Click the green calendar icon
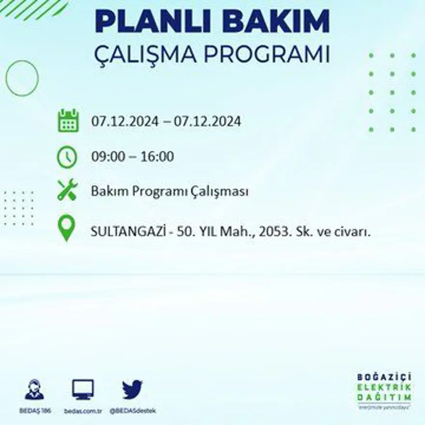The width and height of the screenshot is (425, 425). (x=68, y=121)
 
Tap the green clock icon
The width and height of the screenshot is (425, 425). (x=67, y=157)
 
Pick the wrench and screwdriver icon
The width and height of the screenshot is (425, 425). (x=67, y=190)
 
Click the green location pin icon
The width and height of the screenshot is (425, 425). (x=67, y=228)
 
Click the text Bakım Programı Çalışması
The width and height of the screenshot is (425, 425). (x=170, y=192)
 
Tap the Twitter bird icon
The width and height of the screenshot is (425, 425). (x=132, y=390)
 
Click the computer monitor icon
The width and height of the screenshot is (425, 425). (x=83, y=389)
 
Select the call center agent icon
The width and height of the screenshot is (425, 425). (x=34, y=390)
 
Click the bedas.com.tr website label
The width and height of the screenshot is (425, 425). (x=83, y=411)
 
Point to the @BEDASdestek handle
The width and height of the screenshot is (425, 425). (x=132, y=411)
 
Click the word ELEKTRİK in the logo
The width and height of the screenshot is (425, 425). (x=384, y=387)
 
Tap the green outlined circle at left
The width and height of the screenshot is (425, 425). (x=22, y=78)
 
